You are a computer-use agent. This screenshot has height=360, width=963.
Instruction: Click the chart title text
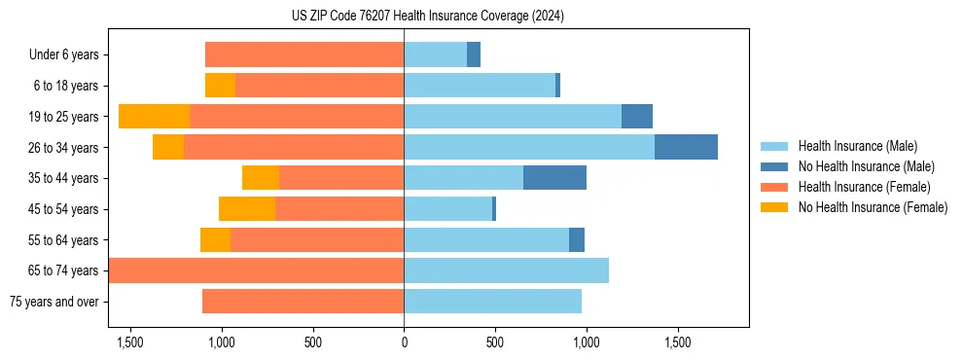pyautogui.click(x=427, y=17)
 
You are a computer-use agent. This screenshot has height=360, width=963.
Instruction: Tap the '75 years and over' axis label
pyautogui.click(x=54, y=302)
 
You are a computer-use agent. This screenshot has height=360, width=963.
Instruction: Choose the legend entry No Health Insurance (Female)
pyautogui.click(x=873, y=207)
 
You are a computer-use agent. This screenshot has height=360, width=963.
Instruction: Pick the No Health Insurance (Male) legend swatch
pyautogui.click(x=775, y=166)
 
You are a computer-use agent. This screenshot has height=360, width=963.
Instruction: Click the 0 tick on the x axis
pyautogui.click(x=404, y=342)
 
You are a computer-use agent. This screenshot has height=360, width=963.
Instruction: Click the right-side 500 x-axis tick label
pyautogui.click(x=495, y=342)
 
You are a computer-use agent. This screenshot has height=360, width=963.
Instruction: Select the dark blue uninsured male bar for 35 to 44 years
pyautogui.click(x=554, y=178)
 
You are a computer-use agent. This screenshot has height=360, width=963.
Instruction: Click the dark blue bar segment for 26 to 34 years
pyautogui.click(x=686, y=147)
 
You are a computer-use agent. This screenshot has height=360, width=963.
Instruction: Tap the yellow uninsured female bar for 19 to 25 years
pyautogui.click(x=154, y=117)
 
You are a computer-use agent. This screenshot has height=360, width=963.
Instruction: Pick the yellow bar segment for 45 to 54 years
pyautogui.click(x=247, y=209)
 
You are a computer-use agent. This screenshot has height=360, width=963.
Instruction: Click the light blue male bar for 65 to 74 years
pyautogui.click(x=506, y=270)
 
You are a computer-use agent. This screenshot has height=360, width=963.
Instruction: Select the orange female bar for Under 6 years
pyautogui.click(x=304, y=55)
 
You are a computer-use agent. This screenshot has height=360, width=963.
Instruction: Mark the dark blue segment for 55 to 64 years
pyautogui.click(x=577, y=239)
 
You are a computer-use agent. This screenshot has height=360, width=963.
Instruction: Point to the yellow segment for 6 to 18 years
pyautogui.click(x=220, y=86)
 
